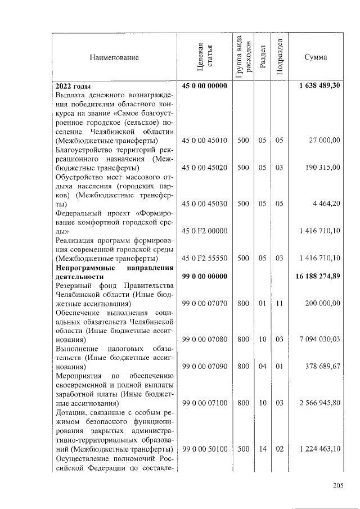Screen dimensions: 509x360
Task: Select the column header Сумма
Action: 316,57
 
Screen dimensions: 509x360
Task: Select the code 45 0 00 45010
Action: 204,139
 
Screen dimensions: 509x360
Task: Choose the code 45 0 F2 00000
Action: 204,231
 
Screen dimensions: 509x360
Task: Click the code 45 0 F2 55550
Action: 204,258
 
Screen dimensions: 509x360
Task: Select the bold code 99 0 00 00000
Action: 204,276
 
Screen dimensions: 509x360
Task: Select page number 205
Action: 337,486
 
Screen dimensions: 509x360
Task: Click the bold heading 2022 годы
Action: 73,85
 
